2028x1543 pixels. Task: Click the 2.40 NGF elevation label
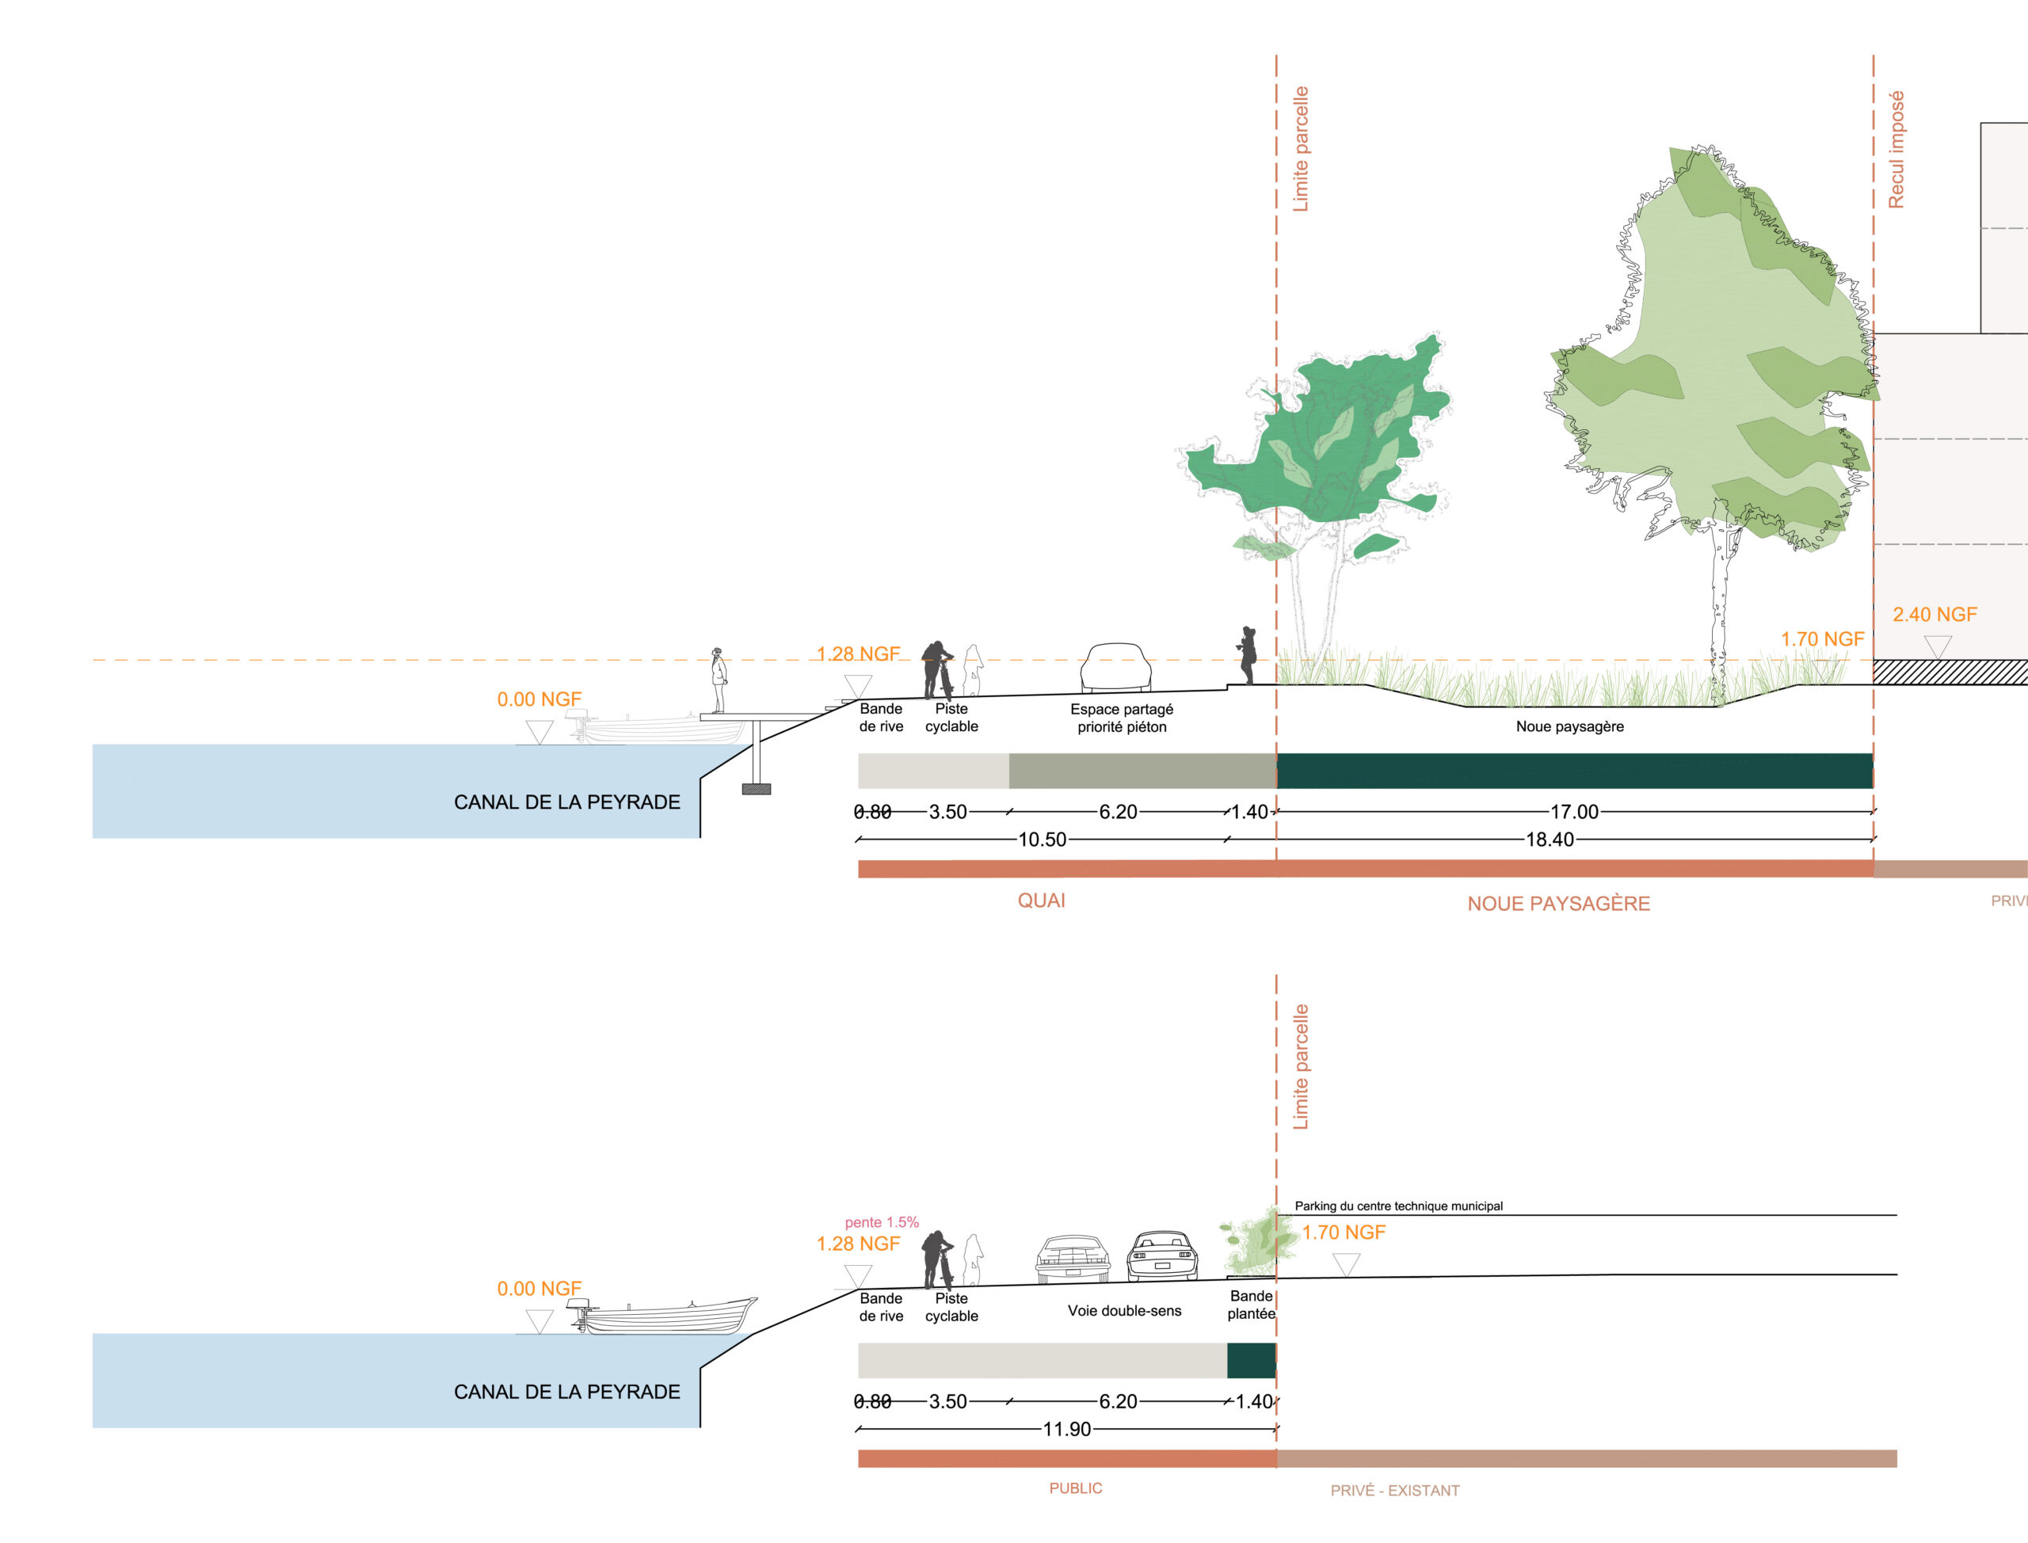coord(1935,615)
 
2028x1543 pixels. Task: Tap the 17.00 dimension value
coord(1574,812)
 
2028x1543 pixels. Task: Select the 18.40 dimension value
coord(1550,840)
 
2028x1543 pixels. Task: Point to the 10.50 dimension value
coord(1042,840)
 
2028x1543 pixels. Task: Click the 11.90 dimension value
coord(1066,1429)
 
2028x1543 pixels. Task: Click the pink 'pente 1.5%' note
coord(882,1222)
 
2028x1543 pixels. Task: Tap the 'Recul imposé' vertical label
coord(1896,150)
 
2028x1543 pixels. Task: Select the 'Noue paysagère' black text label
coord(1569,726)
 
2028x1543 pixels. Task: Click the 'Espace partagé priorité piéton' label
coord(1122,718)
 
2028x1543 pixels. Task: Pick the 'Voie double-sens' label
coord(1124,1311)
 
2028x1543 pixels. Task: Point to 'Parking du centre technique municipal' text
coord(1399,1206)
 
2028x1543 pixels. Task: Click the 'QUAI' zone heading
coord(1041,901)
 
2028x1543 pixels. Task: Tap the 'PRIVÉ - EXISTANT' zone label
coord(1394,1491)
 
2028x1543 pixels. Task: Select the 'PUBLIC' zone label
coord(1076,1488)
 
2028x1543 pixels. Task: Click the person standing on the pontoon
coord(719,680)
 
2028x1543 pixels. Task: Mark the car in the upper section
coord(1116,668)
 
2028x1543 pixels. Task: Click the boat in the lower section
coord(669,1316)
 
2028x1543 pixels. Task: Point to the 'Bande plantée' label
coord(1251,1305)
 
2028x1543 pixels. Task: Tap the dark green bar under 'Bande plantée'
coord(1251,1360)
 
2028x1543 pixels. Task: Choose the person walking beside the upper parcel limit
coord(1247,655)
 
